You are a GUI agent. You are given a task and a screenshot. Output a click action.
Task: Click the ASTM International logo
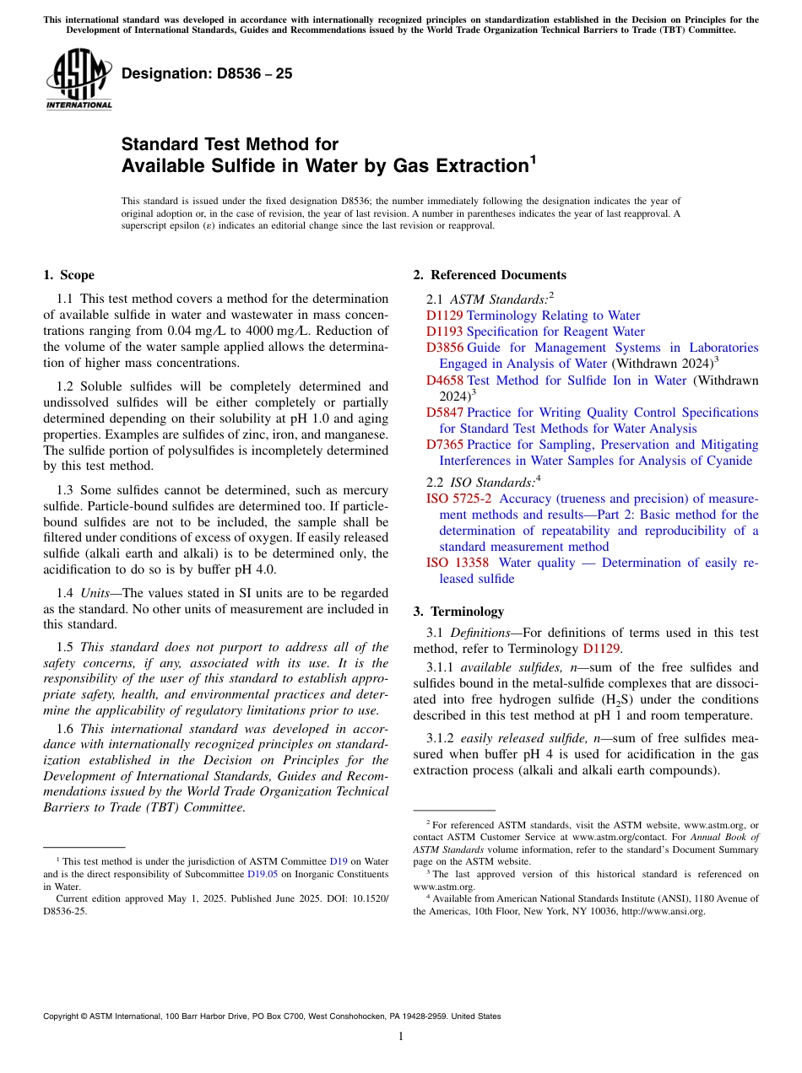coord(79,79)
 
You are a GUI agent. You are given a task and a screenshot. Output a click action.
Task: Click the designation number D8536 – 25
coord(207,73)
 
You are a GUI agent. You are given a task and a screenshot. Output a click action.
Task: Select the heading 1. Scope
coord(68,275)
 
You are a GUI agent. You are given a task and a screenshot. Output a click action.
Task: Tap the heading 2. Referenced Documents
coord(490,275)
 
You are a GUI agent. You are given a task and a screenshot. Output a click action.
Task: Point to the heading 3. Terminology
coord(458,612)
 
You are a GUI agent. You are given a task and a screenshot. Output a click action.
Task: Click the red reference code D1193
coord(444,332)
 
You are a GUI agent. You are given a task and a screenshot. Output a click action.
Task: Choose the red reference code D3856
coord(444,348)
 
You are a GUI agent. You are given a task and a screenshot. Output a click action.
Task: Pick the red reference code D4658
coord(444,380)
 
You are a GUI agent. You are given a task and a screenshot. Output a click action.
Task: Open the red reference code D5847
coord(444,412)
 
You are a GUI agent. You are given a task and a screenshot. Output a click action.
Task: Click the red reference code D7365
coord(444,445)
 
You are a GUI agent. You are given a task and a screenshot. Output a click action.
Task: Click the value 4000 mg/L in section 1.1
coord(301,332)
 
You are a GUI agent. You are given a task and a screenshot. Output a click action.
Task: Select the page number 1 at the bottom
coord(401,1036)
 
